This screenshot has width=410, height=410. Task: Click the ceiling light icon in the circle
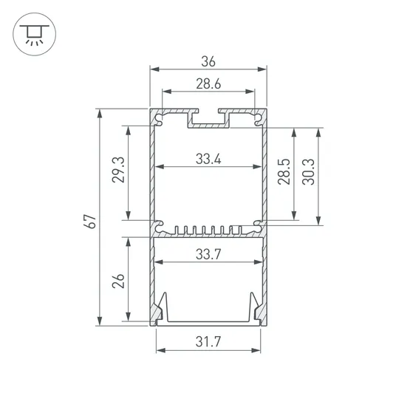[x=33, y=33]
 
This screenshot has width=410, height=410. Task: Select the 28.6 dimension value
[x=208, y=84]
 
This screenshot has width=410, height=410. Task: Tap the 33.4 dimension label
[x=209, y=158]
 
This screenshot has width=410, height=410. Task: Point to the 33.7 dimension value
[x=209, y=254]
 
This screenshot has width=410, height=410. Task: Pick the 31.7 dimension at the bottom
[x=209, y=342]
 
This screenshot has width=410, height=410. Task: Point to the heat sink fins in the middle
[x=209, y=230]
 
